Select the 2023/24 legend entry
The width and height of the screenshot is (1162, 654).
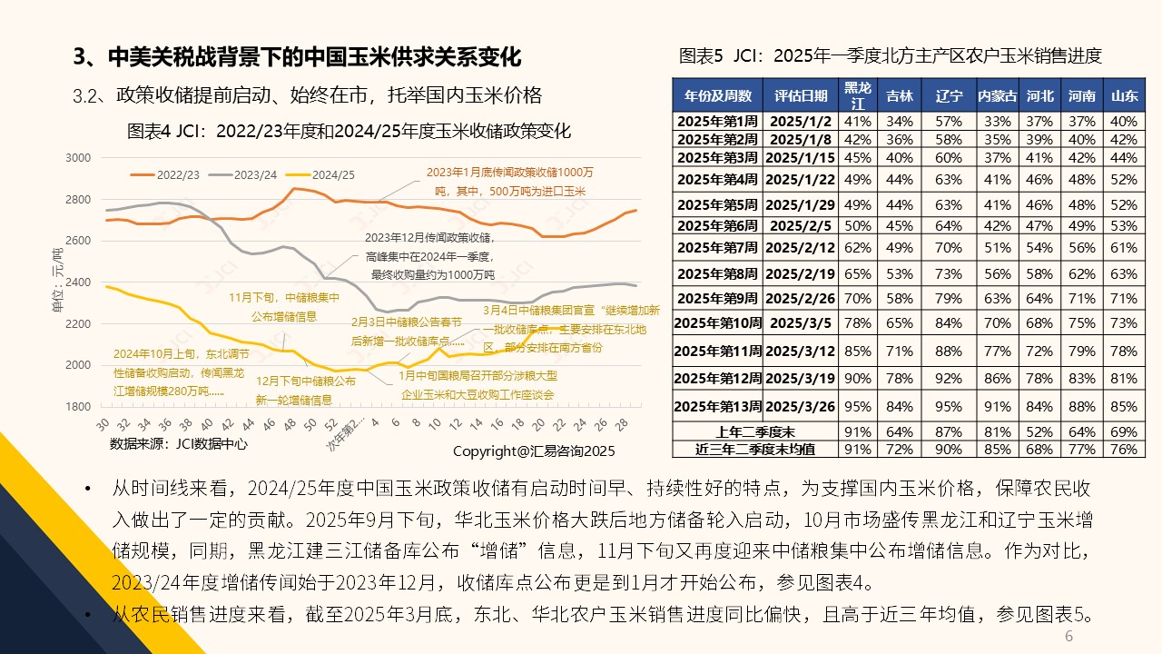click(244, 173)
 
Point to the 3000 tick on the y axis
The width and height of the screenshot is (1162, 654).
click(80, 158)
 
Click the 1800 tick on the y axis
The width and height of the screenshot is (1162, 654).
click(80, 407)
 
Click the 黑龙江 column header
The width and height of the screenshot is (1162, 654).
click(858, 94)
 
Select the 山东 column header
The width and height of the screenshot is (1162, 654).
click(1124, 95)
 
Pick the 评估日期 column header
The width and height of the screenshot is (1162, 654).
click(801, 95)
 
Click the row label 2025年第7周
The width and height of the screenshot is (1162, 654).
click(717, 247)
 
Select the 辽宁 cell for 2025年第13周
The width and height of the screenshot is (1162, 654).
click(949, 405)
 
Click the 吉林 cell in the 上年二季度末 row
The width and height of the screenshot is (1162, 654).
click(900, 431)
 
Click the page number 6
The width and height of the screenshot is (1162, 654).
click(1068, 637)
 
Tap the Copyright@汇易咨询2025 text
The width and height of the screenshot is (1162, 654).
click(534, 451)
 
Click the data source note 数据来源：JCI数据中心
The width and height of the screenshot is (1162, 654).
click(178, 444)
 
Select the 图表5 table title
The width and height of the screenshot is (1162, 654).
click(891, 56)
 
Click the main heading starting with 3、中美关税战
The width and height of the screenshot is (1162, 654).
click(297, 57)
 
